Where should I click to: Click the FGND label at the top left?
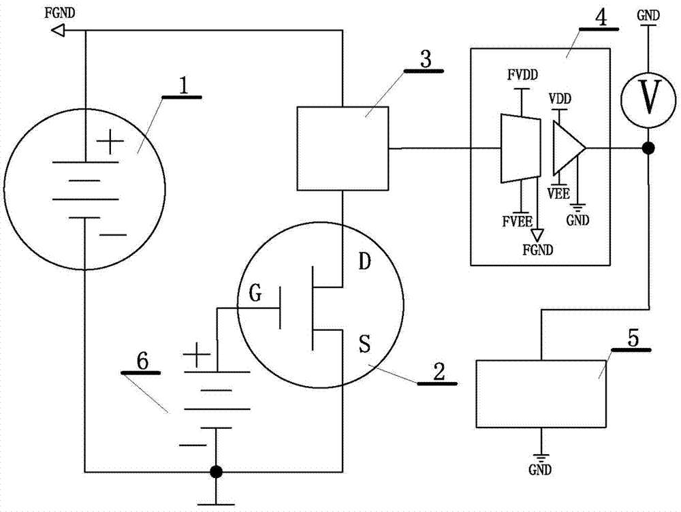[60, 13]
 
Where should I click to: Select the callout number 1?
[184, 86]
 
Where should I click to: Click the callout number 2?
[439, 372]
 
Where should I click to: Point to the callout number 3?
[426, 59]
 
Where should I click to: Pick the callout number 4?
[601, 18]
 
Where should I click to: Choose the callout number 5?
[633, 338]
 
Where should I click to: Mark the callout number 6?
[142, 361]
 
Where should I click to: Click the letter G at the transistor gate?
[255, 293]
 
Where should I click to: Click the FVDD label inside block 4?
[522, 75]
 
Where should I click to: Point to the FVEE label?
[518, 221]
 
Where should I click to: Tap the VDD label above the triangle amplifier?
[560, 99]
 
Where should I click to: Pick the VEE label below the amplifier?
[558, 193]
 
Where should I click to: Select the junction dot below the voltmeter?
[648, 148]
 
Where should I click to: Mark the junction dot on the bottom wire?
[216, 472]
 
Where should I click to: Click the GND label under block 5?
[540, 470]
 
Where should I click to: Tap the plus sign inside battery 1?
[110, 141]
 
